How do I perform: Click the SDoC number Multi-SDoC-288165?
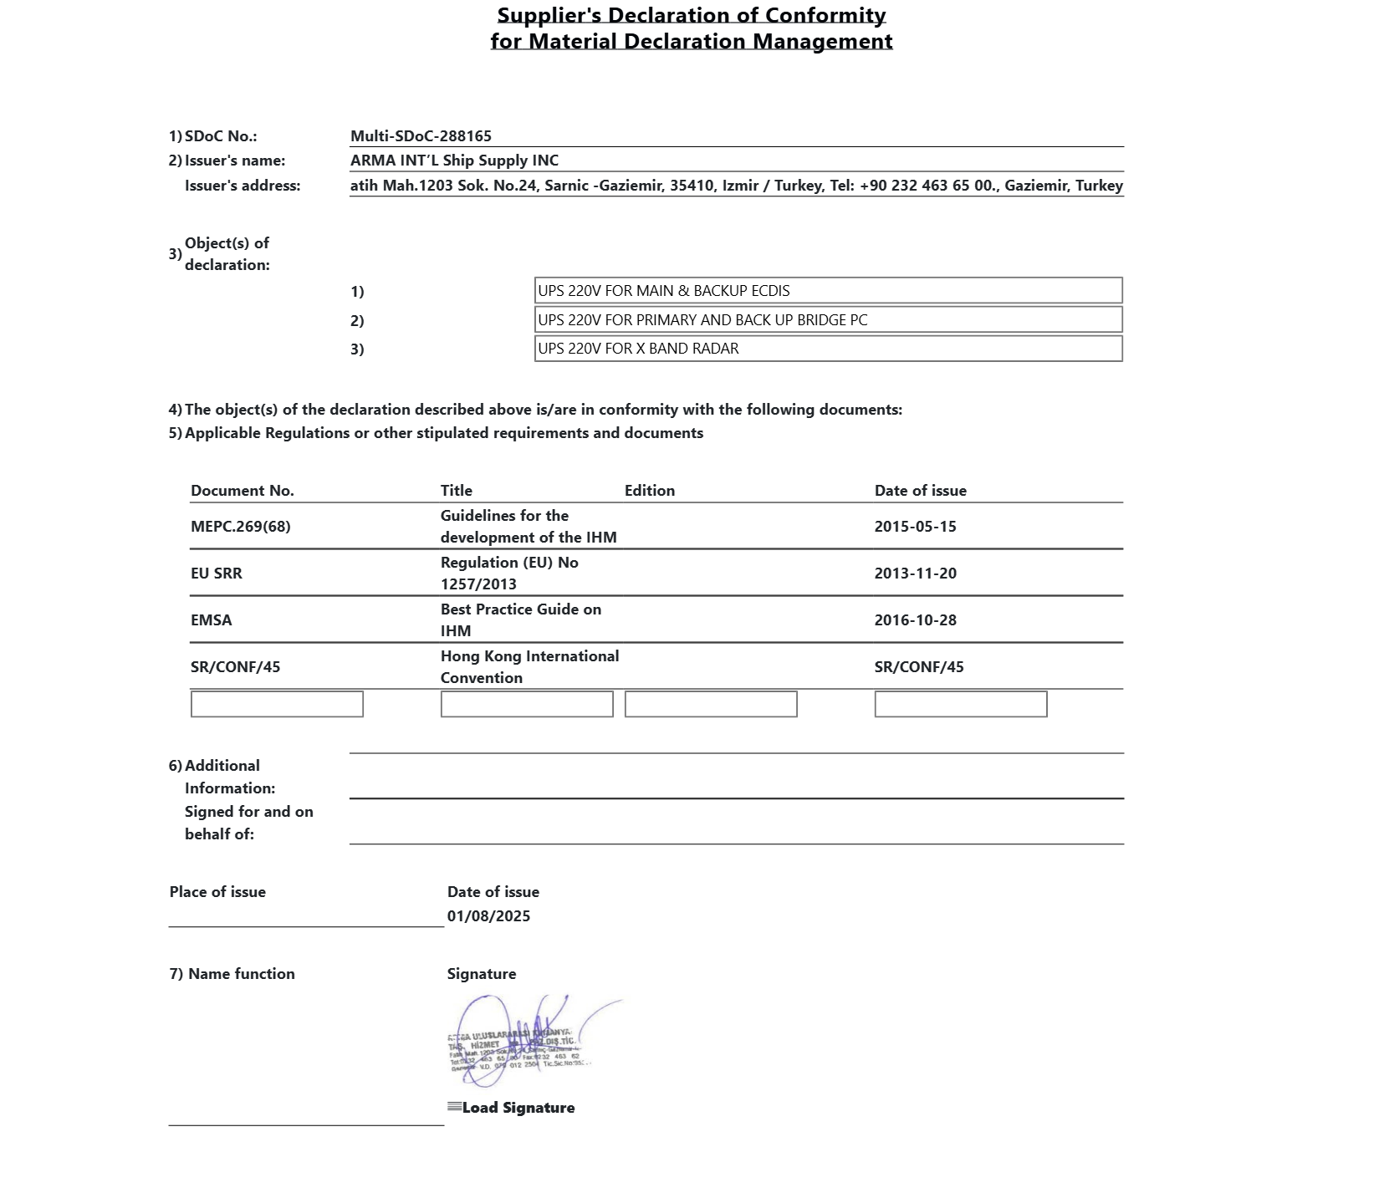pos(421,136)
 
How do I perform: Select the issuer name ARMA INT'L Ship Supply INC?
pos(454,161)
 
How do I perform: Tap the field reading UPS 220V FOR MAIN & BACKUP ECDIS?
pos(828,291)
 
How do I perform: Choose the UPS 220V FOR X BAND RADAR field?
pos(828,349)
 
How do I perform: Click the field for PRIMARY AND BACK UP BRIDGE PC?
pos(828,319)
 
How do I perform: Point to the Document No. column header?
pos(243,491)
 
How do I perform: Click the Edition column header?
pos(650,491)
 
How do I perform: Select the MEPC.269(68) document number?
pos(241,527)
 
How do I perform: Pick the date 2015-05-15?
pos(916,527)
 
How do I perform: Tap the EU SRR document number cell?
pos(217,574)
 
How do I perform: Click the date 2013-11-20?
pos(916,574)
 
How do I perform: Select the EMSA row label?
pos(212,620)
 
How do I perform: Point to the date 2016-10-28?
pos(916,620)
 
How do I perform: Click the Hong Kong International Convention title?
pos(529,667)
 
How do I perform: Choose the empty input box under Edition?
pos(711,704)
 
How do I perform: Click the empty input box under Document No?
pos(277,704)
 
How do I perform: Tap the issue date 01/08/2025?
pos(488,916)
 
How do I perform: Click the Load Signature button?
pos(512,1108)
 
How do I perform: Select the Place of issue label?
pos(217,892)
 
